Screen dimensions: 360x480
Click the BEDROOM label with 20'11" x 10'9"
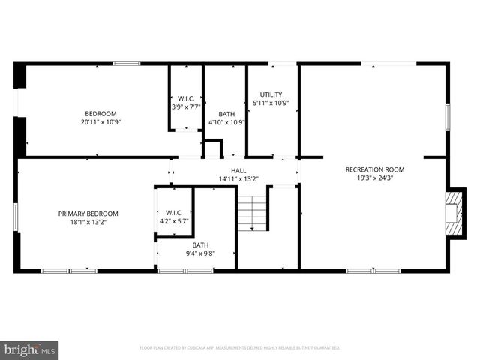click(x=100, y=113)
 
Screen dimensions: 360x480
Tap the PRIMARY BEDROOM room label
click(x=88, y=214)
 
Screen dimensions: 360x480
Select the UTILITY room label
click(x=271, y=94)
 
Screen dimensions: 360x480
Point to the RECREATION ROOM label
click(x=374, y=169)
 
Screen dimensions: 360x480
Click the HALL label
click(x=238, y=171)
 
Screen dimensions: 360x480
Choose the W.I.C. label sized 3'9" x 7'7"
click(x=186, y=98)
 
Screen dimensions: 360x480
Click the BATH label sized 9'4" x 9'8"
click(x=200, y=244)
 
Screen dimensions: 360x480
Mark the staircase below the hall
click(x=253, y=214)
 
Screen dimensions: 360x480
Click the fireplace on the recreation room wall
click(x=452, y=212)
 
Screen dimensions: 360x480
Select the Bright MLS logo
click(x=30, y=349)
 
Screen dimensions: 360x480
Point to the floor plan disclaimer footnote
click(x=240, y=348)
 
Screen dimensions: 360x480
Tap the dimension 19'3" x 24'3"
click(x=374, y=178)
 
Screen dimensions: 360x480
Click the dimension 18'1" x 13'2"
click(x=88, y=223)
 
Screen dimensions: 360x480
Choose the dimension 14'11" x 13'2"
click(x=238, y=179)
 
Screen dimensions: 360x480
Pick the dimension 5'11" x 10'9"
click(x=271, y=103)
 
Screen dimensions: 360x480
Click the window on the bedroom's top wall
click(x=127, y=64)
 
